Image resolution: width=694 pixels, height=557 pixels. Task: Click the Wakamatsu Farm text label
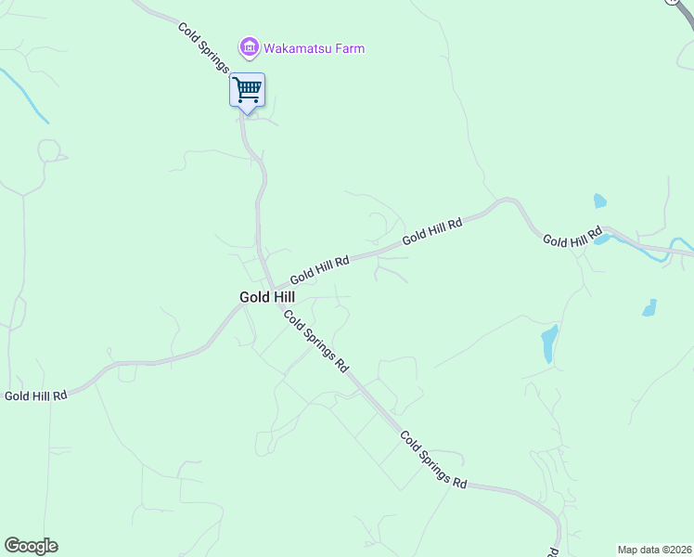[314, 48]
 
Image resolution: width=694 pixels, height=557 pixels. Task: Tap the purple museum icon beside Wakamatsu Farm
[249, 46]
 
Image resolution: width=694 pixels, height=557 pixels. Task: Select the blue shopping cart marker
[247, 90]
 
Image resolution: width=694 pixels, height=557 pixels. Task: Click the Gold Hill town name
[267, 297]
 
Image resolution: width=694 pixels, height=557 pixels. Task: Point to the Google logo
[31, 546]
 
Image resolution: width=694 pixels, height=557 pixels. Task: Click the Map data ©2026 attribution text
[654, 549]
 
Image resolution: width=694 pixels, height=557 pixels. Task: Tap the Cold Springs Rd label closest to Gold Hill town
[315, 341]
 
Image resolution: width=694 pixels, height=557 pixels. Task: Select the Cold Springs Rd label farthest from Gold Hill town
[433, 460]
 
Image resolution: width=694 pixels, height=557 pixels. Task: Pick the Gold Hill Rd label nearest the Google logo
[35, 395]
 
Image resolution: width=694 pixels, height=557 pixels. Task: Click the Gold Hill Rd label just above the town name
[319, 271]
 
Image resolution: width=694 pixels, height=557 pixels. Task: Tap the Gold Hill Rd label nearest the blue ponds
[573, 238]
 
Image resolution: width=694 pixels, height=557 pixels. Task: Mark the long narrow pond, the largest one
[549, 343]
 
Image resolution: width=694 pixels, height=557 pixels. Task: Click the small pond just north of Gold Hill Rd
[599, 201]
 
